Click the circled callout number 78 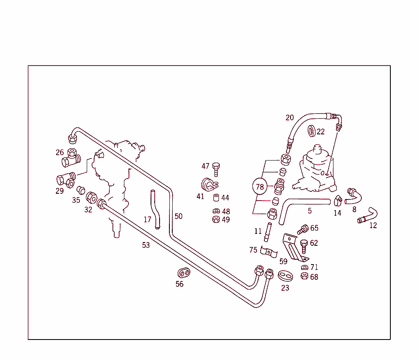260,187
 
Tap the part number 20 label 290,118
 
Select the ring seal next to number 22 312,131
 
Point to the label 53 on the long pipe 146,245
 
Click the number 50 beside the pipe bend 178,216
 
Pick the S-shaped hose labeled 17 155,209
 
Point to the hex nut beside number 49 216,220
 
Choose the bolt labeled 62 303,246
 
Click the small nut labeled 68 304,276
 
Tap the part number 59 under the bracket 283,261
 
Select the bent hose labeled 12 368,216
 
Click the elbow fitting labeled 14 338,200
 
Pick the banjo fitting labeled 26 72,157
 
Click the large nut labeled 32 91,198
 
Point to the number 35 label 76,200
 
